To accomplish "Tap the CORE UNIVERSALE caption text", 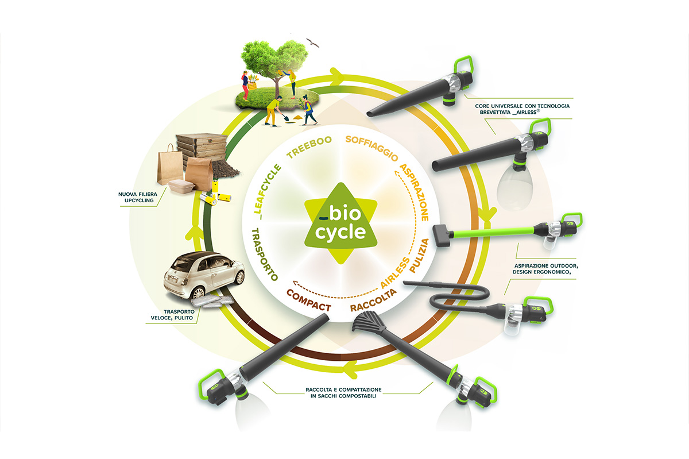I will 513,110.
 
